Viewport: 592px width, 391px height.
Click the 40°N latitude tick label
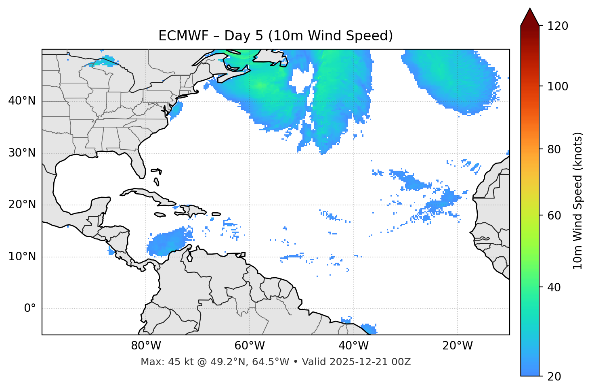[22, 101]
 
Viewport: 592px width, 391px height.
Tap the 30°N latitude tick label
[22, 153]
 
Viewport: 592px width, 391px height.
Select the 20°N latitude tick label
[22, 205]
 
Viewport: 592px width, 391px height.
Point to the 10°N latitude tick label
[22, 257]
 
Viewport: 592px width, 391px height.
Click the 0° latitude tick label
[30, 309]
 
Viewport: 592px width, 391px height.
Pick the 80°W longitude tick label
[146, 346]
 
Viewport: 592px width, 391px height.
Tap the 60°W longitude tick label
[250, 346]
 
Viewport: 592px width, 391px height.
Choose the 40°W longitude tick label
[354, 346]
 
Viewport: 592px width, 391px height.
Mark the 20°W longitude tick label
[458, 346]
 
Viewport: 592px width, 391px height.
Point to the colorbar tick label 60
[553, 215]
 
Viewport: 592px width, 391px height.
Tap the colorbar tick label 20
[553, 376]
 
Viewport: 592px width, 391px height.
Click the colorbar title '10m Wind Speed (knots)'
[578, 201]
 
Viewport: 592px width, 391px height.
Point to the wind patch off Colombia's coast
[168, 242]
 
